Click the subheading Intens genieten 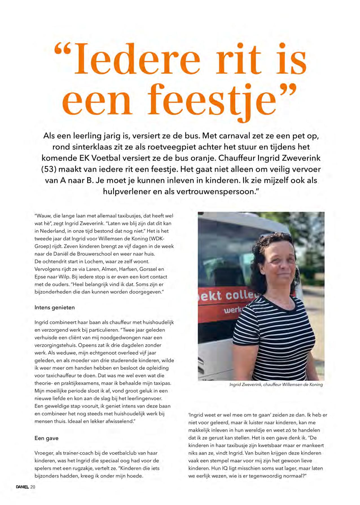(54, 307)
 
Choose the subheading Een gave (46, 438)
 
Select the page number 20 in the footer (33, 487)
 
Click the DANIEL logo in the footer (22, 487)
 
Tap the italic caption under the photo (276, 384)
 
